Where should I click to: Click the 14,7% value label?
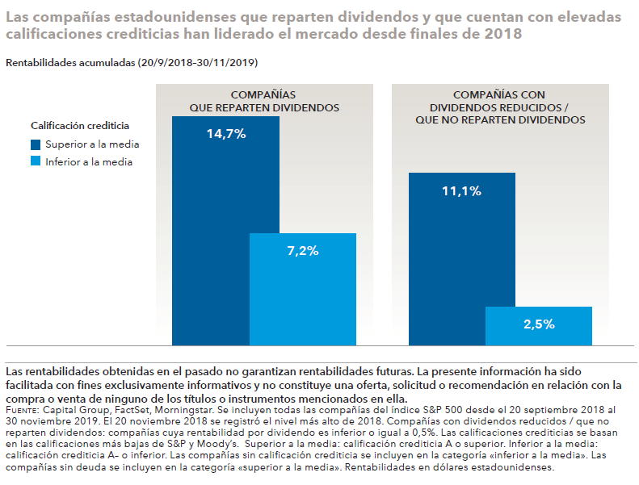(225, 134)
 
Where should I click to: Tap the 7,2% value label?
(303, 250)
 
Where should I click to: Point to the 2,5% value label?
(539, 324)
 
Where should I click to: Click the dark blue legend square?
(36, 144)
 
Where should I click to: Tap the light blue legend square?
(36, 161)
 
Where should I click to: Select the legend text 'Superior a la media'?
(92, 144)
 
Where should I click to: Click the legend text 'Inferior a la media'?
(89, 161)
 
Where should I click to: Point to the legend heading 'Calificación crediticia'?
(80, 126)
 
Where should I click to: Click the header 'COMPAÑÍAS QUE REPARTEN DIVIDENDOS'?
(264, 101)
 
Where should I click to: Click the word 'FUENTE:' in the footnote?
(21, 411)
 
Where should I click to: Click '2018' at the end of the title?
(506, 35)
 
